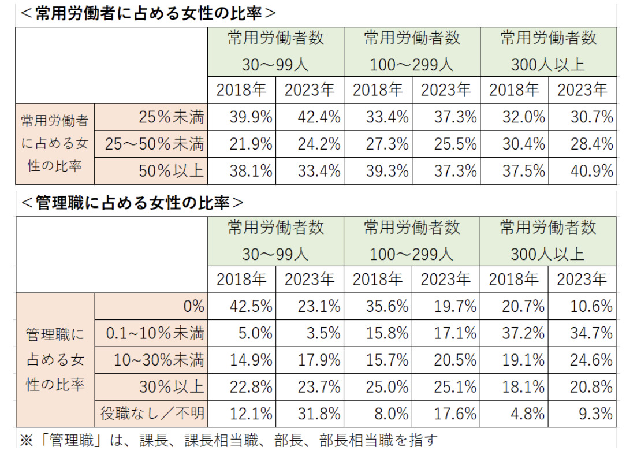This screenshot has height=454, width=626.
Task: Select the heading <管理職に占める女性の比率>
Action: (x=132, y=203)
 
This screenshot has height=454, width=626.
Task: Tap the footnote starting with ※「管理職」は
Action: (x=229, y=441)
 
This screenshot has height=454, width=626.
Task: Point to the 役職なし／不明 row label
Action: (x=152, y=414)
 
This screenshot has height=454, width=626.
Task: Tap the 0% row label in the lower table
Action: (x=193, y=307)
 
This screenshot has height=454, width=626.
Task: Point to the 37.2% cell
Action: (x=523, y=333)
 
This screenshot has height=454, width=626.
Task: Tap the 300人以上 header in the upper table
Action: (x=548, y=64)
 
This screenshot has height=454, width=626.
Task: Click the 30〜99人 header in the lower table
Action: (x=275, y=254)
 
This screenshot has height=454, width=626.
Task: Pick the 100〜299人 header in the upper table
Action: (x=412, y=64)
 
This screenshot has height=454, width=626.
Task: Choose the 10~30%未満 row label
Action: (x=159, y=360)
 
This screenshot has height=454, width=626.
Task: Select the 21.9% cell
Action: (x=250, y=144)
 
